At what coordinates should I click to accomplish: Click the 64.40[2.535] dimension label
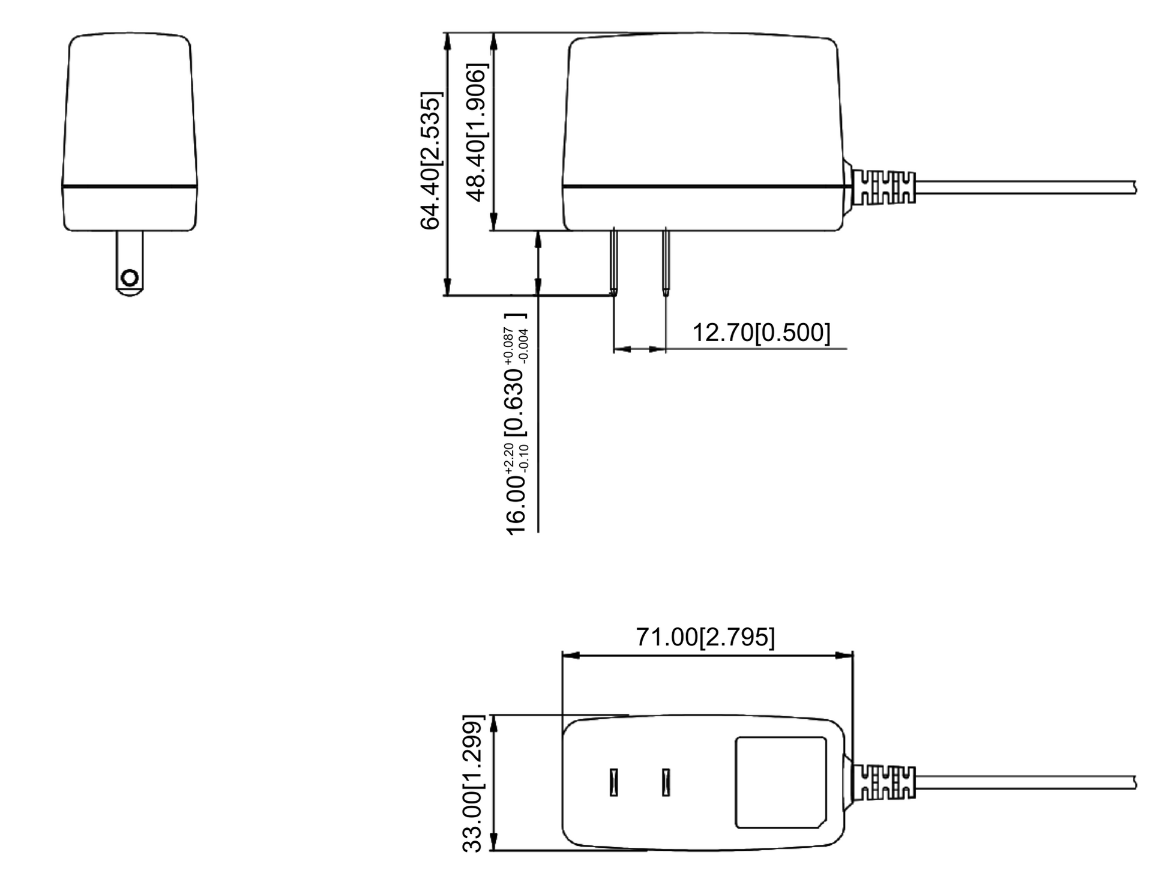[431, 161]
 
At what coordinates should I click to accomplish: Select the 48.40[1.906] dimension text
[477, 133]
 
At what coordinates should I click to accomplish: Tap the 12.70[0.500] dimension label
[761, 332]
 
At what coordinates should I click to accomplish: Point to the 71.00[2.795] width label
[705, 637]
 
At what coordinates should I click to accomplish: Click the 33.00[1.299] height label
[472, 783]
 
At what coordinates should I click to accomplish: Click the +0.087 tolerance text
[510, 346]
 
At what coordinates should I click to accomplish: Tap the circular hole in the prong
[130, 278]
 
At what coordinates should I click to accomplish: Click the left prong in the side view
[613, 261]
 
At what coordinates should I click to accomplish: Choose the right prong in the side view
[666, 261]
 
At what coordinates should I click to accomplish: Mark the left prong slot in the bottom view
[613, 782]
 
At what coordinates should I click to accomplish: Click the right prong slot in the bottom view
[666, 782]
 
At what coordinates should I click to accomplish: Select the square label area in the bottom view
[780, 782]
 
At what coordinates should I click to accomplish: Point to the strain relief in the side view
[884, 187]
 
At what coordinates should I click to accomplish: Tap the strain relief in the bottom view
[884, 782]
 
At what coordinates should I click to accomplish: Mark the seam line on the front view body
[130, 186]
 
